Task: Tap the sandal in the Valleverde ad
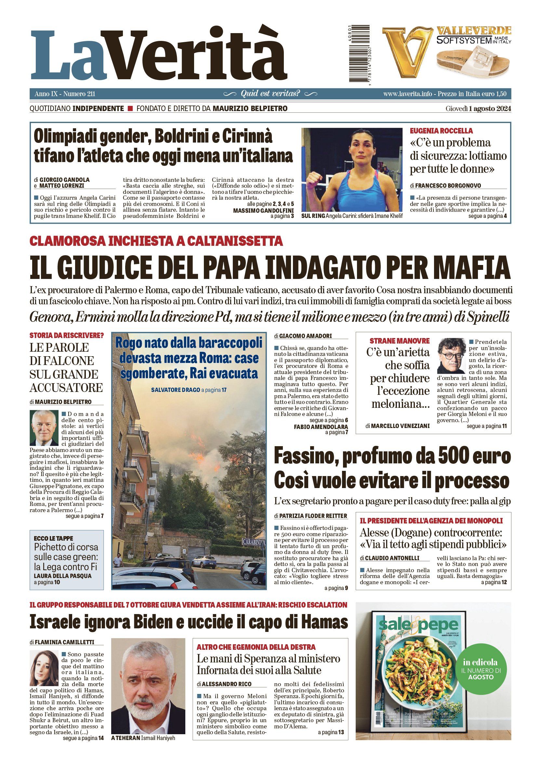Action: (472, 62)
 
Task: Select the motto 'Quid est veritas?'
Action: (270, 94)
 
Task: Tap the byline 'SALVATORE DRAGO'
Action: (175, 390)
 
